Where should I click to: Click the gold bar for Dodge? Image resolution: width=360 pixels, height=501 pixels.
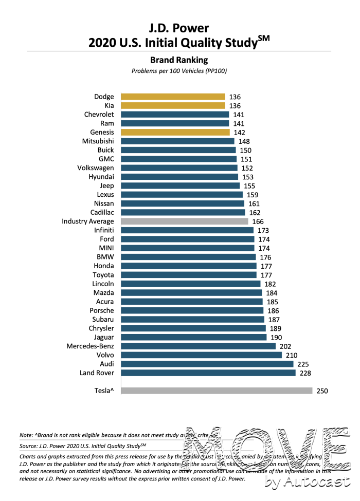pyautogui.click(x=173, y=97)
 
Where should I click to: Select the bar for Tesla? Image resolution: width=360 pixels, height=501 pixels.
pyautogui.click(x=217, y=391)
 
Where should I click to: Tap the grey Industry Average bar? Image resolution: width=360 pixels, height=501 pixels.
pyautogui.click(x=184, y=221)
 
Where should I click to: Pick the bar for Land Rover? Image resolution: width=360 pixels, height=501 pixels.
pyautogui.click(x=208, y=373)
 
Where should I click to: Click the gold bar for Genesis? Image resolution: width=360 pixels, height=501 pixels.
pyautogui.click(x=175, y=132)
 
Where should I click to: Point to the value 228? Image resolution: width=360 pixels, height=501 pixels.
pyautogui.click(x=305, y=373)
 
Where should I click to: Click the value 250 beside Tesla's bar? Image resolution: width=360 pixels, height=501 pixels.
pyautogui.click(x=322, y=391)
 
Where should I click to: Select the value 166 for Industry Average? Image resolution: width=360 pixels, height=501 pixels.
pyautogui.click(x=258, y=221)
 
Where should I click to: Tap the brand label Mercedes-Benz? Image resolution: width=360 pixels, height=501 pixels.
pyautogui.click(x=90, y=346)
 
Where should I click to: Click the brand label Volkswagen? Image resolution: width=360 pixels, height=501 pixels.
pyautogui.click(x=96, y=168)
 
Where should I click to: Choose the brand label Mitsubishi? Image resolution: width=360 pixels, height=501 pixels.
pyautogui.click(x=98, y=141)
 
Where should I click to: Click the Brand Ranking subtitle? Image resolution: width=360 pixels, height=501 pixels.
pyautogui.click(x=179, y=60)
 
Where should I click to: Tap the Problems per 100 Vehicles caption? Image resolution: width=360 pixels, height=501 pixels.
pyautogui.click(x=179, y=71)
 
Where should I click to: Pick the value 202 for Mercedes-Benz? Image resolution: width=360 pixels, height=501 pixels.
pyautogui.click(x=285, y=346)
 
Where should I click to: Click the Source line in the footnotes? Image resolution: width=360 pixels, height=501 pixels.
pyautogui.click(x=82, y=446)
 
